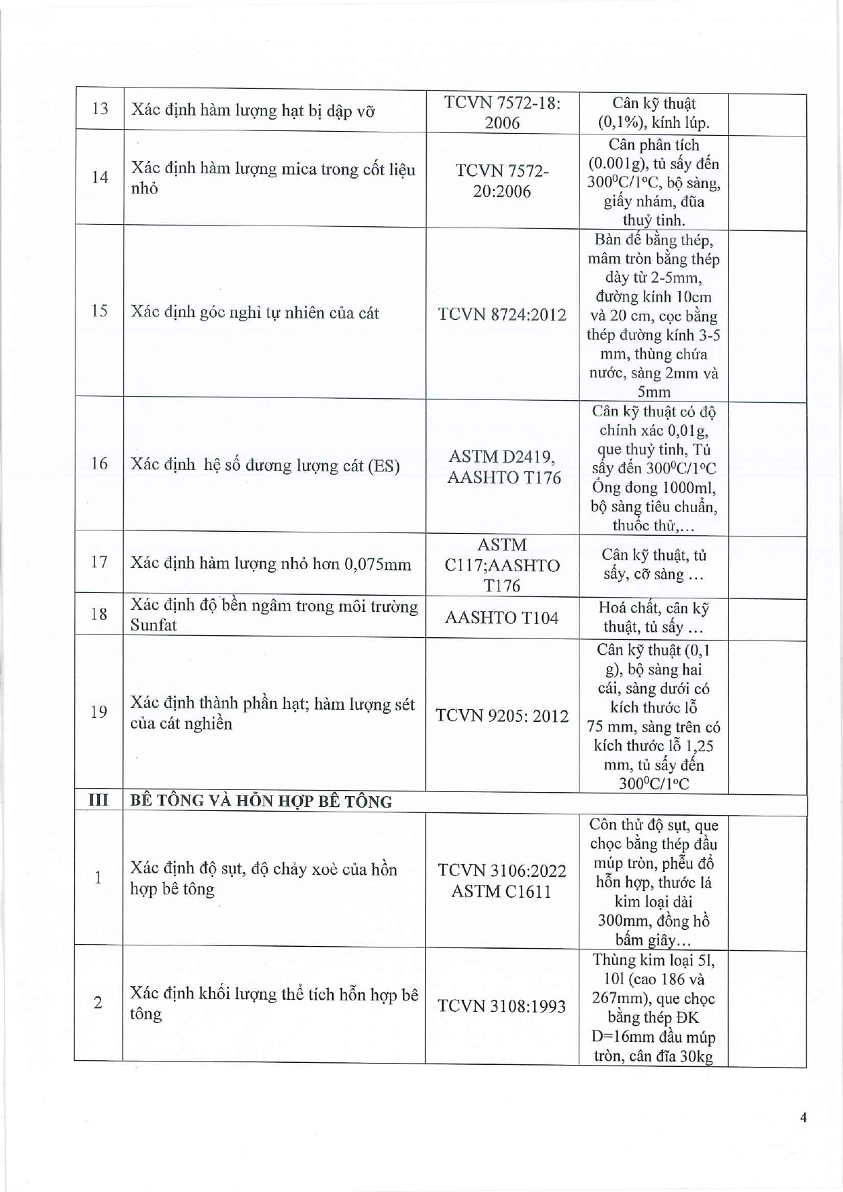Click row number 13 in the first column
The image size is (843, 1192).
point(100,109)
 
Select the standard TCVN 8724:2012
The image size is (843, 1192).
point(502,314)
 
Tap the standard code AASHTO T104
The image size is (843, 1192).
point(502,617)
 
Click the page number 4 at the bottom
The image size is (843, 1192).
point(804,1117)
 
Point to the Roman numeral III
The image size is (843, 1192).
point(98,800)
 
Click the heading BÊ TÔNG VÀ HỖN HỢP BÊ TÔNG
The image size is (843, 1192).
point(261,801)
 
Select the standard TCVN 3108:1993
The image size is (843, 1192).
point(502,1006)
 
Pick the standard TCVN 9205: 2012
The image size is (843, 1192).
point(502,716)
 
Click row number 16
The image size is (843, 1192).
point(99,463)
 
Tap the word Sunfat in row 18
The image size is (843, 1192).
point(154,625)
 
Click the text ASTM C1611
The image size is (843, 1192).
point(502,891)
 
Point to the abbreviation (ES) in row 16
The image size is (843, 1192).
point(383,466)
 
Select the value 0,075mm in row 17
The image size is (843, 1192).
point(377,564)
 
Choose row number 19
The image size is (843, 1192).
point(99,712)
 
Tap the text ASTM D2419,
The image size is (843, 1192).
point(502,456)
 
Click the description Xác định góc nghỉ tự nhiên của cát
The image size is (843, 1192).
point(255,313)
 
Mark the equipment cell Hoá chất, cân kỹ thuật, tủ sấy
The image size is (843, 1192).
point(653,617)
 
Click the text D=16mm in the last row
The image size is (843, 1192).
point(628,1037)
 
